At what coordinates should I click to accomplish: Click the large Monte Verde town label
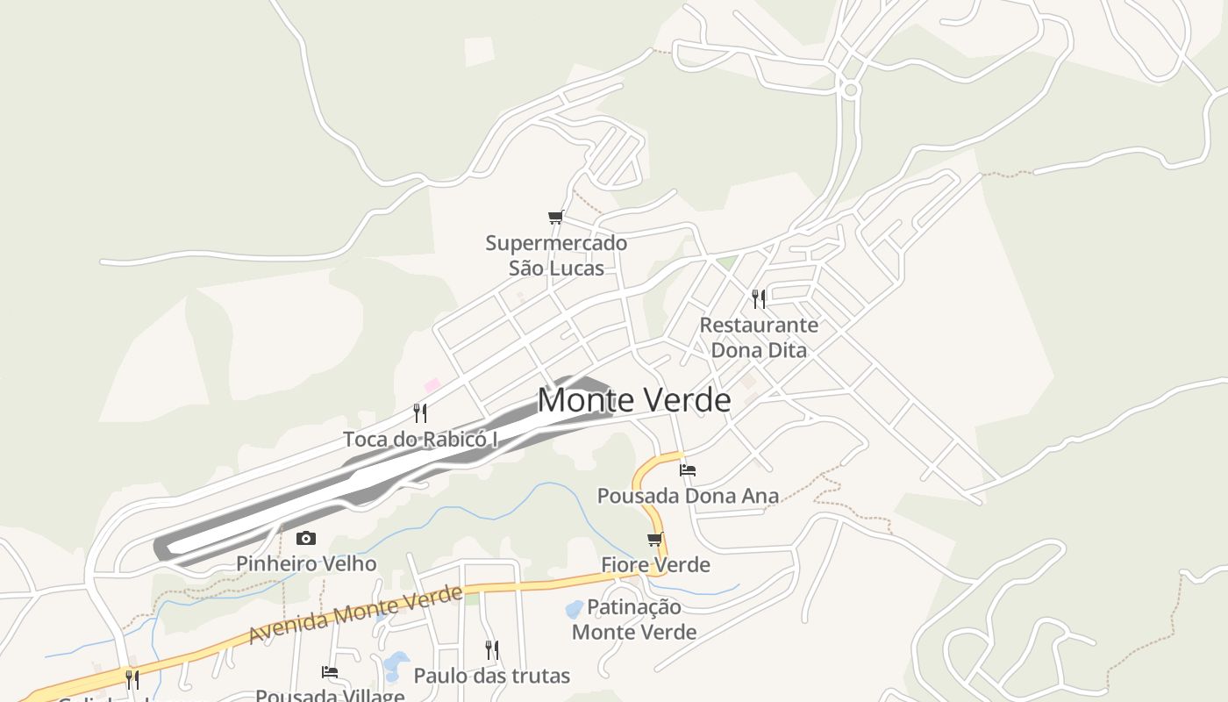tap(633, 400)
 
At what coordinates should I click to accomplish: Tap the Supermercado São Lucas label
tap(556, 255)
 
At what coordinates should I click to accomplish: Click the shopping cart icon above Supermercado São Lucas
tap(554, 218)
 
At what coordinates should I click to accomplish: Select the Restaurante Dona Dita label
tap(759, 338)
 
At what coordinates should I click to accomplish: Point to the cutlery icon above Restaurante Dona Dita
tap(759, 299)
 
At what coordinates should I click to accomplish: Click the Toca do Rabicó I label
tap(420, 439)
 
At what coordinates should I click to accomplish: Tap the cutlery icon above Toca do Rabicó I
tap(420, 412)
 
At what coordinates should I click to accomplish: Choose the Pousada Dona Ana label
tap(688, 496)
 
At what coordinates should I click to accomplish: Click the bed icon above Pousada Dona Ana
tap(688, 470)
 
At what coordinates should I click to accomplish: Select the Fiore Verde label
tap(655, 564)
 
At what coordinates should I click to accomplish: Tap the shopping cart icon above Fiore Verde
tap(654, 540)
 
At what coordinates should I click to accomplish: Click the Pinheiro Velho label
tap(306, 563)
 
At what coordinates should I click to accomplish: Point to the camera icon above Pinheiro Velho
tap(305, 539)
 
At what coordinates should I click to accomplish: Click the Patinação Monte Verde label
tap(634, 619)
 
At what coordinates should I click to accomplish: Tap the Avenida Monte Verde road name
tap(355, 614)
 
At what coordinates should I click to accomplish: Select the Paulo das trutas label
tap(491, 676)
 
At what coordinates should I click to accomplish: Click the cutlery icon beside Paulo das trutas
tap(492, 650)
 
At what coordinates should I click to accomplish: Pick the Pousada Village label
tap(330, 695)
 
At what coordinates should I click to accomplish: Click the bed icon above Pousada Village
tap(330, 672)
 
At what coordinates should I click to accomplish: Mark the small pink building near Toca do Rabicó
tap(432, 385)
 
